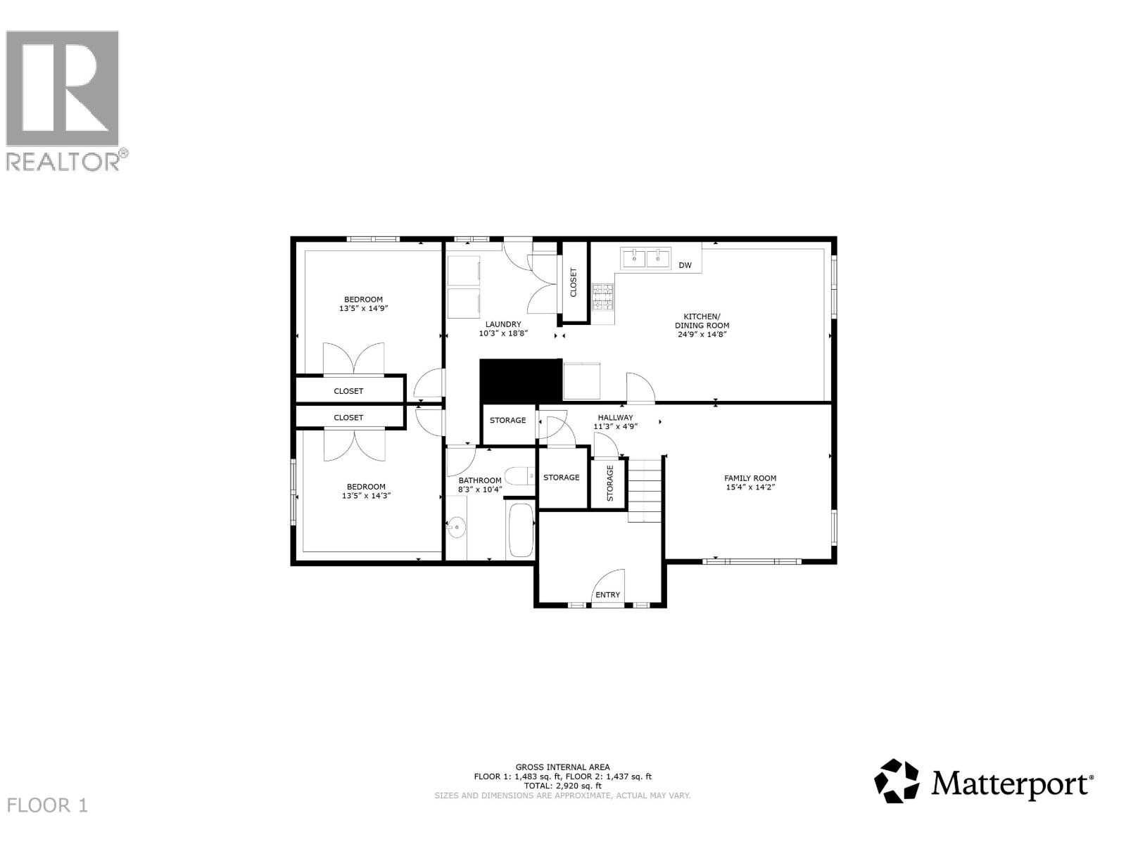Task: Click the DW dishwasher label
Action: pyautogui.click(x=685, y=265)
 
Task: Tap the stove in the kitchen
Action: pyautogui.click(x=602, y=298)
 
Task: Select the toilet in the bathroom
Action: pyautogui.click(x=520, y=477)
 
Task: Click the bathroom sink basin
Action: pyautogui.click(x=457, y=525)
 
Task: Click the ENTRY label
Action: pyautogui.click(x=607, y=595)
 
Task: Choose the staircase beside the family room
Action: pyautogui.click(x=645, y=489)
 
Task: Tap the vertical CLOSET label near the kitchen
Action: pyautogui.click(x=573, y=282)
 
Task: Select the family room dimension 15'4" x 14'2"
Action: pyautogui.click(x=750, y=487)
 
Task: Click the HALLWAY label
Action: pyautogui.click(x=615, y=417)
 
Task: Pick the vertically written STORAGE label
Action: pyautogui.click(x=610, y=482)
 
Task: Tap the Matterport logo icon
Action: pyautogui.click(x=897, y=781)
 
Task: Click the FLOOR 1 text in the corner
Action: pyautogui.click(x=48, y=805)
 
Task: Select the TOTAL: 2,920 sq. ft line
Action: pyautogui.click(x=562, y=786)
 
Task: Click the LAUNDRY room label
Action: pyautogui.click(x=503, y=324)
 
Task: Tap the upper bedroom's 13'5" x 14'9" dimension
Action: pyautogui.click(x=364, y=308)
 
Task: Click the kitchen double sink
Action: pyautogui.click(x=646, y=258)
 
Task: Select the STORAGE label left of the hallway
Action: pyautogui.click(x=507, y=421)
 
